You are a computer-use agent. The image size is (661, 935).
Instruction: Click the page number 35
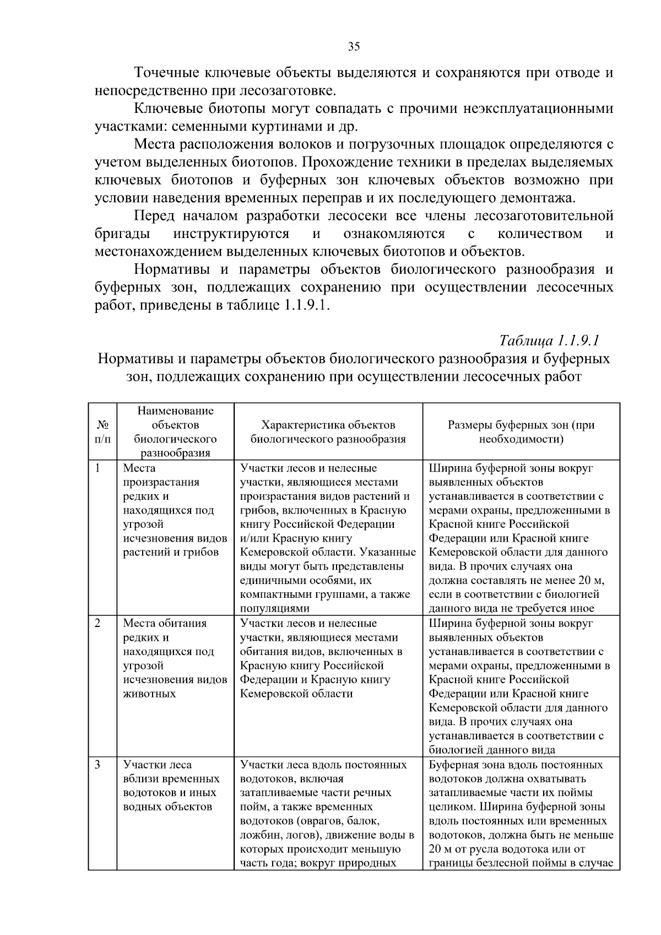(x=354, y=47)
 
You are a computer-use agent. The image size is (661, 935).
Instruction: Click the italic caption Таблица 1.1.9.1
(x=549, y=340)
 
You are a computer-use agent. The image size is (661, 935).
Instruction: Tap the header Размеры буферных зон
(x=521, y=432)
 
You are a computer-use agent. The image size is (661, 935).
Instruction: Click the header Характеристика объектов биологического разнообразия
(x=328, y=432)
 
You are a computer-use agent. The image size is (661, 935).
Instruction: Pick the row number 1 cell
(x=98, y=468)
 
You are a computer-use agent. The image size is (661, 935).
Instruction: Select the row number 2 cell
(x=98, y=624)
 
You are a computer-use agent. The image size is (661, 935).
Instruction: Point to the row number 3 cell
(x=98, y=765)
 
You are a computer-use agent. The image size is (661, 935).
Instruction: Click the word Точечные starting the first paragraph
(x=167, y=73)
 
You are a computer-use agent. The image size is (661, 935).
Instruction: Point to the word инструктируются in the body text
(x=231, y=234)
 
